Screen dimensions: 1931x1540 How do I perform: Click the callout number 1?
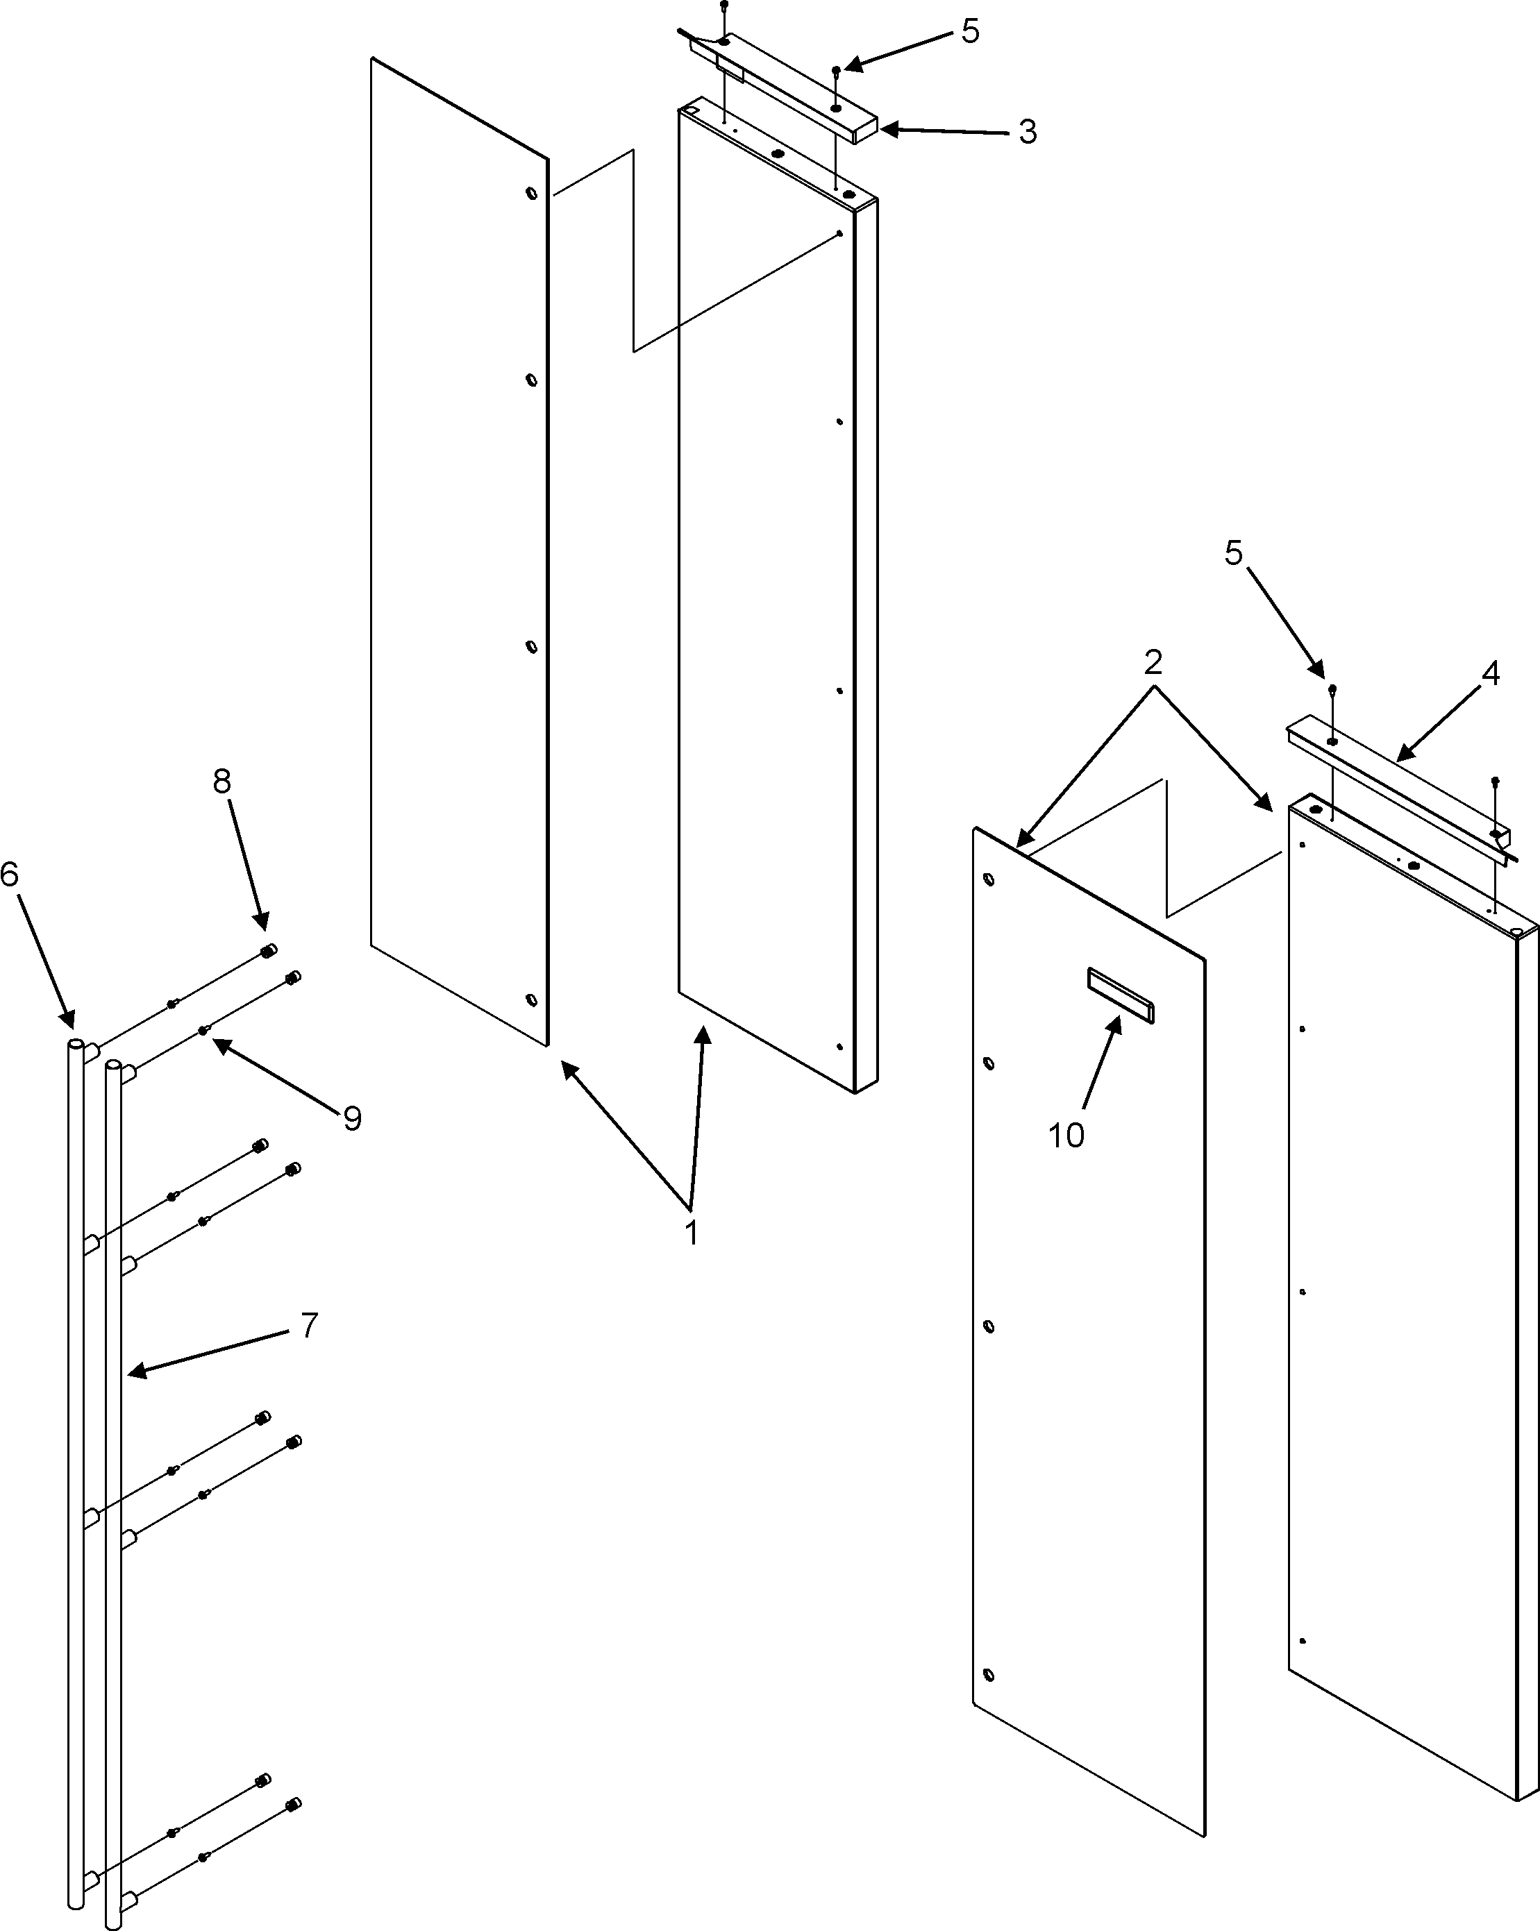691,1233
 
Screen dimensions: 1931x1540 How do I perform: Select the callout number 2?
1153,663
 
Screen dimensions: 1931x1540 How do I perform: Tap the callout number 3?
1028,133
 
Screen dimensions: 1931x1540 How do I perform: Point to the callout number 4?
1490,673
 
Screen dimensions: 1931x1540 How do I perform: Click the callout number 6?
10,874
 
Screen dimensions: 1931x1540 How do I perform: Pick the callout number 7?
309,1324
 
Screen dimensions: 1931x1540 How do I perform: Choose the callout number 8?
221,782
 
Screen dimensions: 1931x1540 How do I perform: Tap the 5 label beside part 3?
970,31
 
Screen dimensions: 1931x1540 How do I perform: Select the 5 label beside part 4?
1234,553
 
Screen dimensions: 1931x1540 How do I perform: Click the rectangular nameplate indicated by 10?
1120,994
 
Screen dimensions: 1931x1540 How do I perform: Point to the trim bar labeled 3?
788,90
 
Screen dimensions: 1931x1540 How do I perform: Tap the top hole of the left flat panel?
532,192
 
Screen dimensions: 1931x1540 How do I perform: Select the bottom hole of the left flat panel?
531,1000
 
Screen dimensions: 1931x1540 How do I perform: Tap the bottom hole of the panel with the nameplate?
989,1675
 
